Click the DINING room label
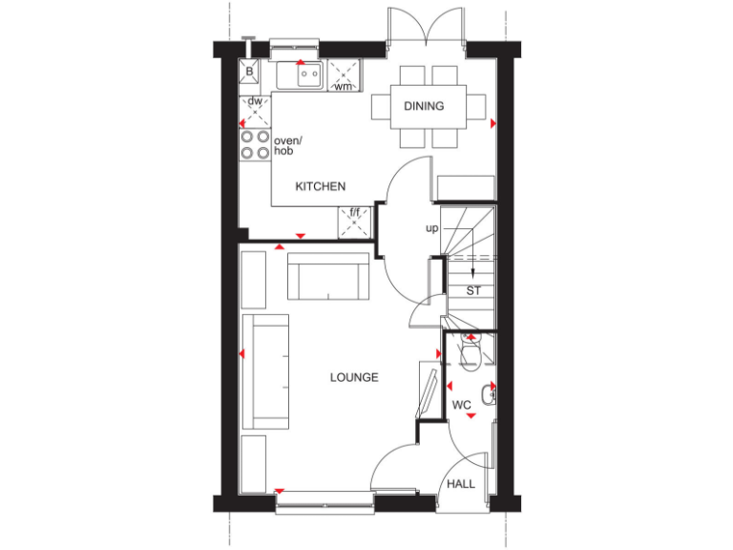coord(424,106)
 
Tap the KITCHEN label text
coord(320,186)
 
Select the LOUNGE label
coord(354,377)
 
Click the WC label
coord(462,405)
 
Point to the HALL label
coord(461,484)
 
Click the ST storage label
coord(473,290)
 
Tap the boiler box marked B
coord(250,71)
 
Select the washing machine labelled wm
coord(344,74)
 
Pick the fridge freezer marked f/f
coord(355,222)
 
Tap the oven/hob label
coord(287,146)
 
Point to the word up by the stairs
coord(432,228)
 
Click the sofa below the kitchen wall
coord(329,276)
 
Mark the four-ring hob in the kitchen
coord(255,144)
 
